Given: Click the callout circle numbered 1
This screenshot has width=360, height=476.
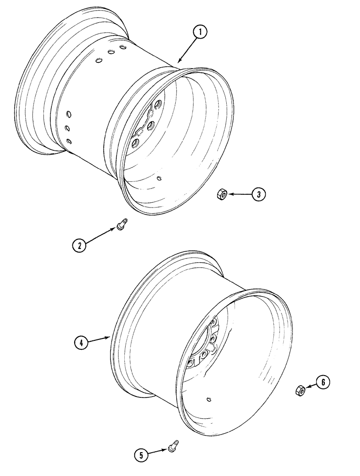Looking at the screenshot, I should (200, 33).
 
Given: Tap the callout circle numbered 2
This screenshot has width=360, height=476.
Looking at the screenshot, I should (80, 246).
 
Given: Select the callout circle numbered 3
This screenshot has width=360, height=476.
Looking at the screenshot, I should (258, 194).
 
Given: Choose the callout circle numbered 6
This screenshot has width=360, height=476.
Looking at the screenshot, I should (322, 381).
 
